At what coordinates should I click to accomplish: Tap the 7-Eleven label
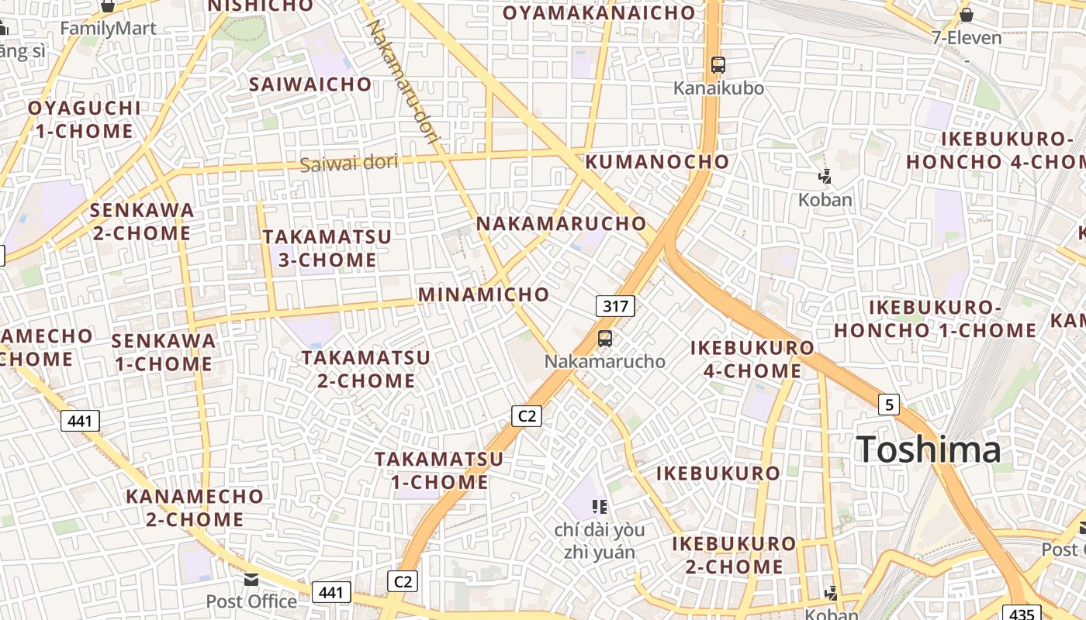click(967, 37)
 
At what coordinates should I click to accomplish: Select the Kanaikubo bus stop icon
click(718, 65)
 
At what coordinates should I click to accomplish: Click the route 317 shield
click(615, 306)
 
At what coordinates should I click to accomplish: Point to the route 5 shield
click(889, 404)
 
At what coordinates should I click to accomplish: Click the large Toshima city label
click(929, 449)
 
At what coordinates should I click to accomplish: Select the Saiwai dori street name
click(349, 163)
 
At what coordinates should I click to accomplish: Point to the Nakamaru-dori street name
click(402, 81)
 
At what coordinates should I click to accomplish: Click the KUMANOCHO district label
click(657, 162)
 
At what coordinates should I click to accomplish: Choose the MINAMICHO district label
click(483, 294)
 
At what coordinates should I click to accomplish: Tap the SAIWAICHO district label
click(310, 84)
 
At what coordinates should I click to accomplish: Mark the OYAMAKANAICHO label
click(599, 13)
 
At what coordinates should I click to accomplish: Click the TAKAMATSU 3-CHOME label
click(327, 248)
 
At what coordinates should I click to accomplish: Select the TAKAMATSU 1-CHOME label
click(439, 470)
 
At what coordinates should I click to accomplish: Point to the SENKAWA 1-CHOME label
click(163, 352)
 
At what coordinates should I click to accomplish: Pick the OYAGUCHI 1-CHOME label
click(85, 119)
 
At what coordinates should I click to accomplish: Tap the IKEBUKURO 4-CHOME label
click(752, 359)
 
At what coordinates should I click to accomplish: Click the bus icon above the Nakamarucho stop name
click(605, 339)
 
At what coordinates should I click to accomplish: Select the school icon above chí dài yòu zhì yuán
click(599, 507)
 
